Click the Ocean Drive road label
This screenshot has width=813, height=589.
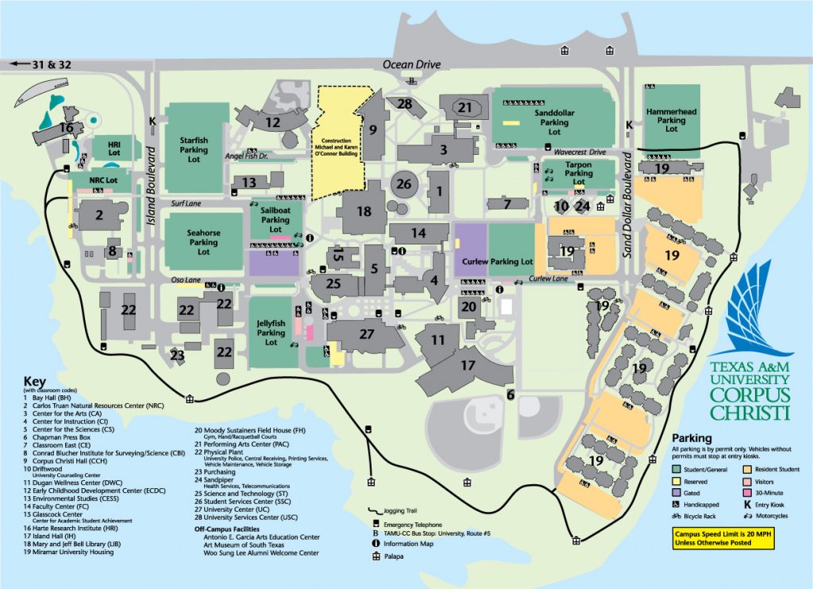pos(410,64)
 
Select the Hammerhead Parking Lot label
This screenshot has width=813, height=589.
pos(671,120)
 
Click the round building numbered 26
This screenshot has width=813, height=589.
pos(404,184)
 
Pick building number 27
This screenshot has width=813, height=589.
pos(366,334)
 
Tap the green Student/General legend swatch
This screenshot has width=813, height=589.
pos(677,469)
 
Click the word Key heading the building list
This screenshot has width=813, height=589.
pos(37,380)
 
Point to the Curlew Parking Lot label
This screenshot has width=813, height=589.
pos(493,261)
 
